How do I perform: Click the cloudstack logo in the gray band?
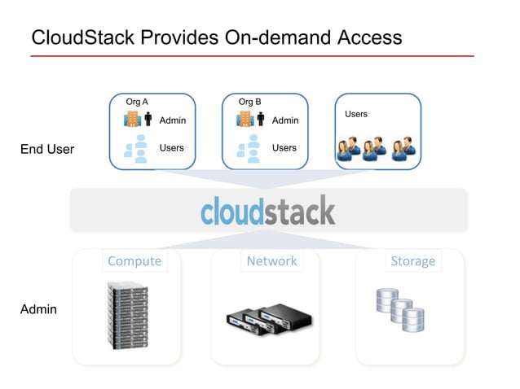pos(267,210)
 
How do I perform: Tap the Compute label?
pos(134,261)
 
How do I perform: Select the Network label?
pos(271,261)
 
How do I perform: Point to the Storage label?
pos(412,261)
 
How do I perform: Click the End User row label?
pos(47,149)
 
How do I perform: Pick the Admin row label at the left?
pos(38,309)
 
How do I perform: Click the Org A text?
pos(137,103)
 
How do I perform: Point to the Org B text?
pos(249,103)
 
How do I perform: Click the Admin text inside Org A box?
pos(172,120)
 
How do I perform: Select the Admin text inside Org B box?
pos(284,120)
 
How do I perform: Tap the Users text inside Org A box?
pos(171,148)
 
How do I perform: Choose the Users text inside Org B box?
pos(284,148)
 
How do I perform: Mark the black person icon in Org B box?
pos(261,120)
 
